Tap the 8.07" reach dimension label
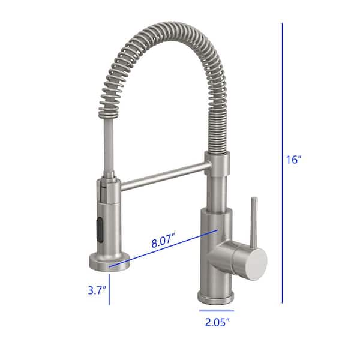tap(163, 242)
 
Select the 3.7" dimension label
tap(96, 291)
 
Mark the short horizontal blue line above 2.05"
tap(216, 311)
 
